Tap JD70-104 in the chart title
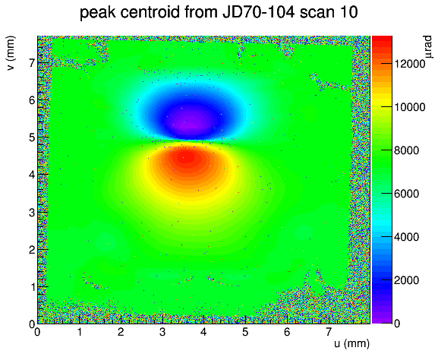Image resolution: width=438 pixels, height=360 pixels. point(258,12)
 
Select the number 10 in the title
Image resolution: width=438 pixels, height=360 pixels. point(348,12)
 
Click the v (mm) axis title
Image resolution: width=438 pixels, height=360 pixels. point(11,53)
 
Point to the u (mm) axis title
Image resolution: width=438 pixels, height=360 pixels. point(351,343)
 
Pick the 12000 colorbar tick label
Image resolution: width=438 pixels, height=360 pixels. point(409,64)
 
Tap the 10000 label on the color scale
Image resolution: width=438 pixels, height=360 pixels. point(409,107)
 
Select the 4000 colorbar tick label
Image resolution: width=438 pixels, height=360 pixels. point(406,237)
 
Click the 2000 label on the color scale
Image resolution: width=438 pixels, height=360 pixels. point(406,280)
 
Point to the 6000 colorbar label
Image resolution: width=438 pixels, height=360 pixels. point(406,194)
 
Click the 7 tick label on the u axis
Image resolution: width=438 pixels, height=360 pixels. point(328,333)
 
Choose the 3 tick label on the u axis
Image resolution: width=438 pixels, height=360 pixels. point(162,333)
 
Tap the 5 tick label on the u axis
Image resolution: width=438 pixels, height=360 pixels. point(245,333)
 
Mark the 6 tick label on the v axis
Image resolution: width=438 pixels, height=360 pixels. point(32,100)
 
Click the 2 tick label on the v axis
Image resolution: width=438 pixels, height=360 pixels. point(32,250)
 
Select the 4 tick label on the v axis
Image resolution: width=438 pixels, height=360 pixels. point(32,175)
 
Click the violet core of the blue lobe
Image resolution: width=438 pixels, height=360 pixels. point(191,125)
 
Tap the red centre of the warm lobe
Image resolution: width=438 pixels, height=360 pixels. point(187,158)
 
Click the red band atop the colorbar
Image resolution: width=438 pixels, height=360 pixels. point(382,39)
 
